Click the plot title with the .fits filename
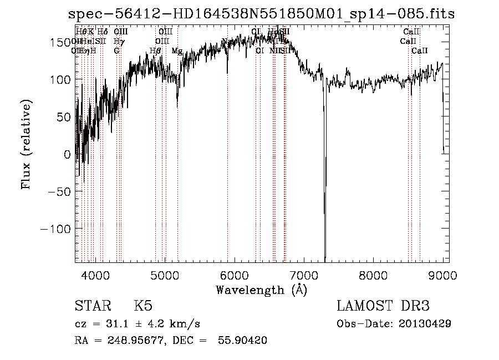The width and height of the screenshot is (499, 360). click(x=257, y=14)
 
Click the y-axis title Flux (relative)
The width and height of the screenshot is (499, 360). click(x=26, y=144)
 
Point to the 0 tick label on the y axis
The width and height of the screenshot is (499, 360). click(x=67, y=154)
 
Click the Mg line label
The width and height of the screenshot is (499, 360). click(x=177, y=51)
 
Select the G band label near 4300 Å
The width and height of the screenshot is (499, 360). click(x=116, y=51)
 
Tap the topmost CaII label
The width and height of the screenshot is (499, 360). click(x=411, y=32)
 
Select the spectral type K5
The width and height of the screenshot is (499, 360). click(x=143, y=306)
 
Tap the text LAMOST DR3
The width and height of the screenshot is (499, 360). click(x=383, y=306)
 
